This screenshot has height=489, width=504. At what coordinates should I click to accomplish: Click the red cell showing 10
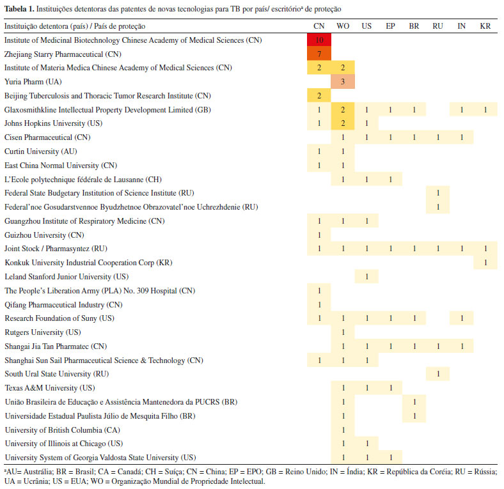tap(319, 40)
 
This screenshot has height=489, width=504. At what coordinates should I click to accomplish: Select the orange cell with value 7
tap(319, 54)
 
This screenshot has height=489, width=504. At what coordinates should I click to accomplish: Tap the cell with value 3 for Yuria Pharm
tap(343, 82)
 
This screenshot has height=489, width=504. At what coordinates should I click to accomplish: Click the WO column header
tap(343, 26)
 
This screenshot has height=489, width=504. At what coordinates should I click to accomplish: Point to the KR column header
tap(485, 26)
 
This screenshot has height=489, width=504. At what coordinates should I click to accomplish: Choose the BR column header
tap(414, 26)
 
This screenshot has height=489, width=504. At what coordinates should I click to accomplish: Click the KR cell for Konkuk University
tap(485, 263)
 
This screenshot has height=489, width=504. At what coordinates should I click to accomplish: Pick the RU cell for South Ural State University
tap(437, 374)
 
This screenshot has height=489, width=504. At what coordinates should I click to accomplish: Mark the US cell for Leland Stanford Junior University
tap(366, 277)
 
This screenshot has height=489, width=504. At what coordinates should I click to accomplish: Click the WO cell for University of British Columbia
tap(343, 430)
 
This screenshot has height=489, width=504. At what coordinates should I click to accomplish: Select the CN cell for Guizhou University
tap(319, 235)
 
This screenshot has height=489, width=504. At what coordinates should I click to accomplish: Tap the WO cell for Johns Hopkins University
tap(343, 123)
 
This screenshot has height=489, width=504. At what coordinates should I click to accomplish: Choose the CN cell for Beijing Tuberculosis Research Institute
tap(319, 96)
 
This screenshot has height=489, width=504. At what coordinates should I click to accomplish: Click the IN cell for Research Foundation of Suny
tap(462, 318)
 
